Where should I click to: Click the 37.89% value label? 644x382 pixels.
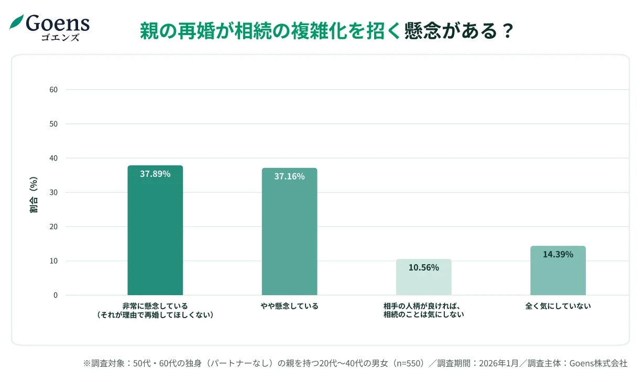[155, 174]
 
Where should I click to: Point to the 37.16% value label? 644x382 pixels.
[289, 176]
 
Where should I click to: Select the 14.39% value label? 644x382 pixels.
[558, 254]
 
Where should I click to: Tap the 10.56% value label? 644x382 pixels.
[423, 267]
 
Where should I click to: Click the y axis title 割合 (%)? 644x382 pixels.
[34, 195]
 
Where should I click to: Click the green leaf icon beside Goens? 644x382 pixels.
[17, 23]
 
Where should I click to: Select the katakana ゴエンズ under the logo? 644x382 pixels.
[60, 37]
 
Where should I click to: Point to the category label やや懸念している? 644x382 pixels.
[289, 306]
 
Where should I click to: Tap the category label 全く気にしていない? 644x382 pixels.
[558, 306]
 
